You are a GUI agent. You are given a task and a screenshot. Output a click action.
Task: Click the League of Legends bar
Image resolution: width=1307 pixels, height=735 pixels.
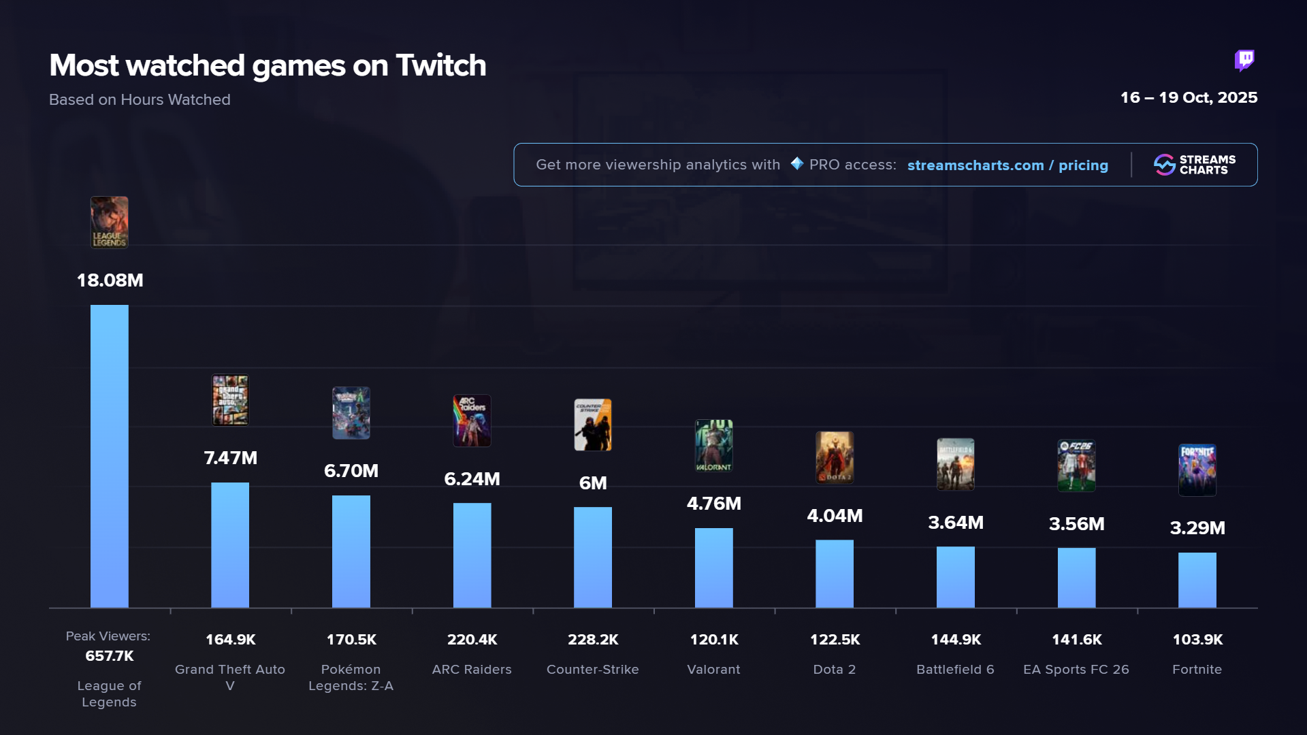[109, 456]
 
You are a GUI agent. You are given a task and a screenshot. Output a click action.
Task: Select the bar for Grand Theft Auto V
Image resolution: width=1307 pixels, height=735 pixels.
[230, 544]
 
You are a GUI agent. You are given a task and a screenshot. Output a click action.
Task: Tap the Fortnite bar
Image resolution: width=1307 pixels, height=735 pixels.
[1197, 580]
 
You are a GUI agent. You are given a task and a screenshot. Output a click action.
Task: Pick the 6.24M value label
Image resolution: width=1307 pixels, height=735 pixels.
[472, 479]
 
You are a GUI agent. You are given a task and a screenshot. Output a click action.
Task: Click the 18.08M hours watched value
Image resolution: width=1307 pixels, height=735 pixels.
[110, 280]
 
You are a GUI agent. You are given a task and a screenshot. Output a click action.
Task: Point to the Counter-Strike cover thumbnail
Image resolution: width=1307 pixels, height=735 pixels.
[592, 425]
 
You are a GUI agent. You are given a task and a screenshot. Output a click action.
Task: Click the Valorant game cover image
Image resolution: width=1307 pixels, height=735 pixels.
[713, 446]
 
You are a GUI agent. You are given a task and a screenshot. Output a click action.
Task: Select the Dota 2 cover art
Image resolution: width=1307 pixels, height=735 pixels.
[835, 457]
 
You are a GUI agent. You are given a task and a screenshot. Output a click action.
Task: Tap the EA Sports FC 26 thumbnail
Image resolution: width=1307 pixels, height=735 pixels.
[1076, 465]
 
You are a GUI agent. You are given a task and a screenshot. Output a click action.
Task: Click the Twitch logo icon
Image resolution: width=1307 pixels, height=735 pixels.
[1244, 61]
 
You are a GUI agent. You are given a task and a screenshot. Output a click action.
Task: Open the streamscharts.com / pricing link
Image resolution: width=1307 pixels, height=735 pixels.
[1007, 165]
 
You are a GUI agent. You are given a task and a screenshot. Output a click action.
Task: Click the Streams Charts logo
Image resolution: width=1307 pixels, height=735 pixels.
[1195, 165]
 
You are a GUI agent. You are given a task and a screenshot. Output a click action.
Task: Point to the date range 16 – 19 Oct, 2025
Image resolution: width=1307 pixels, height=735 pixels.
[1189, 97]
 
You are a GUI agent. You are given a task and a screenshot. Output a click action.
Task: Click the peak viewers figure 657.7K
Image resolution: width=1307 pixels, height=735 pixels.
[109, 656]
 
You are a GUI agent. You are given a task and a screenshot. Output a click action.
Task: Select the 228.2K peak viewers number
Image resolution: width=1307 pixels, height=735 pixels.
[593, 640]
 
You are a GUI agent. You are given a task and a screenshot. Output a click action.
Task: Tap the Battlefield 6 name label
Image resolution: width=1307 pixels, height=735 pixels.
[955, 670]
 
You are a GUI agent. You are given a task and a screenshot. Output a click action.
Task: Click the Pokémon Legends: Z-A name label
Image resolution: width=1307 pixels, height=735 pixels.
[351, 678]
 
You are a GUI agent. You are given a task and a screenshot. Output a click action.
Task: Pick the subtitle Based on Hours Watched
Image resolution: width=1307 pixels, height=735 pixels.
[140, 100]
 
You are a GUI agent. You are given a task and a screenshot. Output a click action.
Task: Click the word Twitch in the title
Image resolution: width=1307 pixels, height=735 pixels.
[441, 66]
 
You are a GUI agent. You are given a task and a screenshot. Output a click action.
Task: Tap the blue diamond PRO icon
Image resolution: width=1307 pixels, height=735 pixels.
[796, 164]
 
